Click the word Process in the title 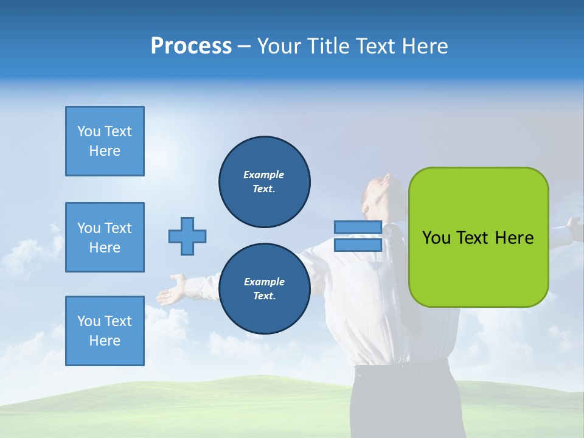pyautogui.click(x=191, y=46)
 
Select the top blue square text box pyautogui.click(x=105, y=141)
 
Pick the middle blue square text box pyautogui.click(x=105, y=237)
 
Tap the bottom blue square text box pyautogui.click(x=105, y=331)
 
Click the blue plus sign pyautogui.click(x=187, y=236)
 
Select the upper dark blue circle pyautogui.click(x=264, y=181)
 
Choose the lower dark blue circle pyautogui.click(x=264, y=288)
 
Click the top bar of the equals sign pyautogui.click(x=358, y=227)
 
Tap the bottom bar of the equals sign pyautogui.click(x=358, y=245)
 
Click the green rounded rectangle pyautogui.click(x=478, y=237)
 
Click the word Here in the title pyautogui.click(x=424, y=46)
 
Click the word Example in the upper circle pyautogui.click(x=264, y=175)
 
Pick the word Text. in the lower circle pyautogui.click(x=264, y=296)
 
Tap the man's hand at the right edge pyautogui.click(x=574, y=226)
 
